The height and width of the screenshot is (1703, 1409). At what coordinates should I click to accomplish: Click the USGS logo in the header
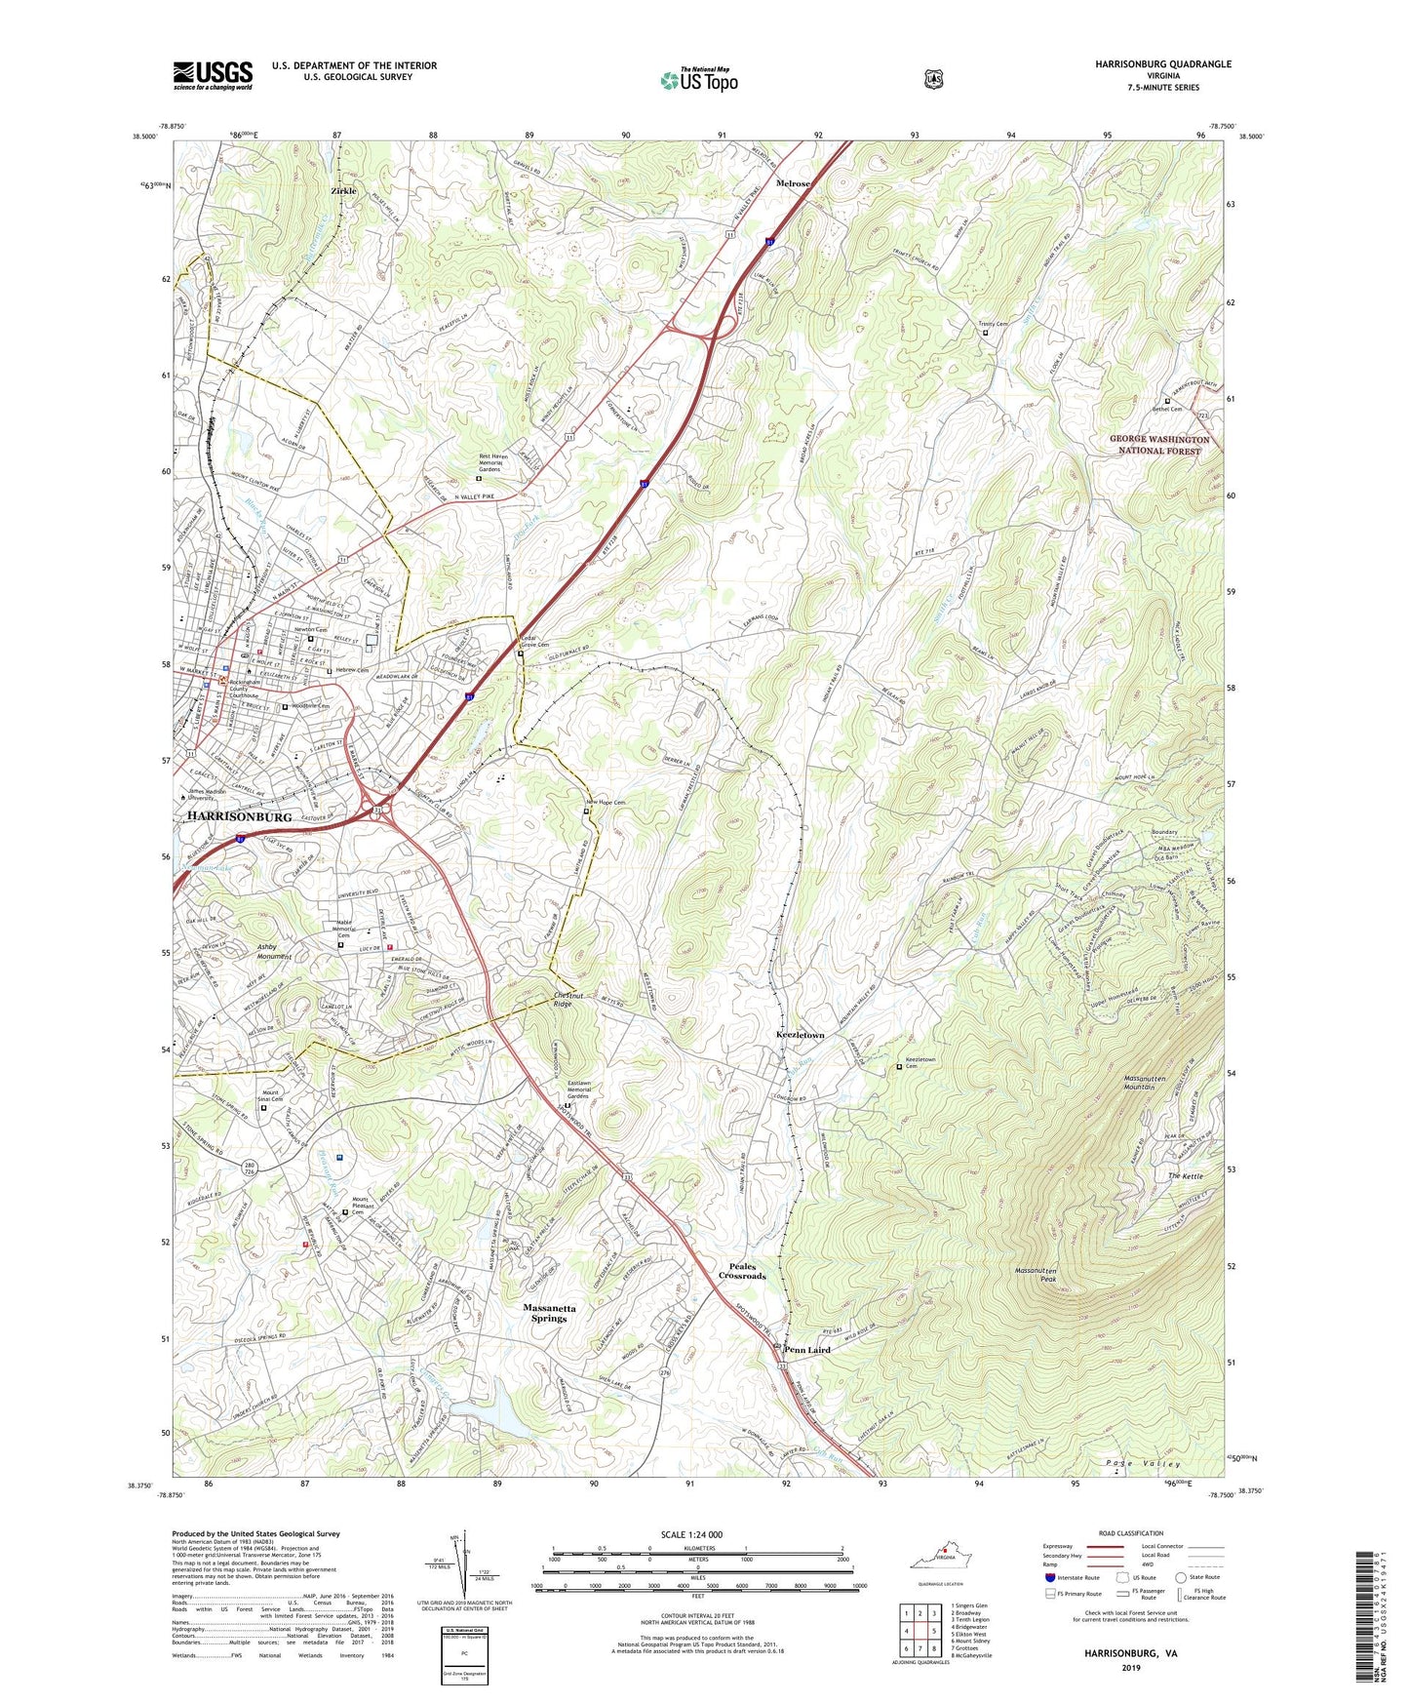(x=213, y=75)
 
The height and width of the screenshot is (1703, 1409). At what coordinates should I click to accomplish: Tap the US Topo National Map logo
(x=698, y=80)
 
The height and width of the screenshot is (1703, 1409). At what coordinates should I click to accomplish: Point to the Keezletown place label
(x=800, y=1035)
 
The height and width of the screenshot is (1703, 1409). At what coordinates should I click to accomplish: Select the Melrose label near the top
(x=793, y=183)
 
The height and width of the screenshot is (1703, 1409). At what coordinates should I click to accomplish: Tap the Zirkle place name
(x=343, y=191)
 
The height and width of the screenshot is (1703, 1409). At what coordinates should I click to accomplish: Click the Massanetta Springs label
(x=549, y=1313)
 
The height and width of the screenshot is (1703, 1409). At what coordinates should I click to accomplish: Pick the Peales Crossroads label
(x=742, y=1271)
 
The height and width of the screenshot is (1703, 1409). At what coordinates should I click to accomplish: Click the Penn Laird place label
(x=807, y=1350)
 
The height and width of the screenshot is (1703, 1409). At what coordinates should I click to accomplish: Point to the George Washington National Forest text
(x=1159, y=445)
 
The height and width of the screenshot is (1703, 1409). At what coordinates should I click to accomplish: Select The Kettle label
(x=1186, y=1176)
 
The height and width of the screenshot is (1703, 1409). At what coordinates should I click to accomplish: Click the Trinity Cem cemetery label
(x=994, y=324)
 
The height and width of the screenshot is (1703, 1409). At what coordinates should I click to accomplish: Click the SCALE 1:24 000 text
(x=691, y=1534)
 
